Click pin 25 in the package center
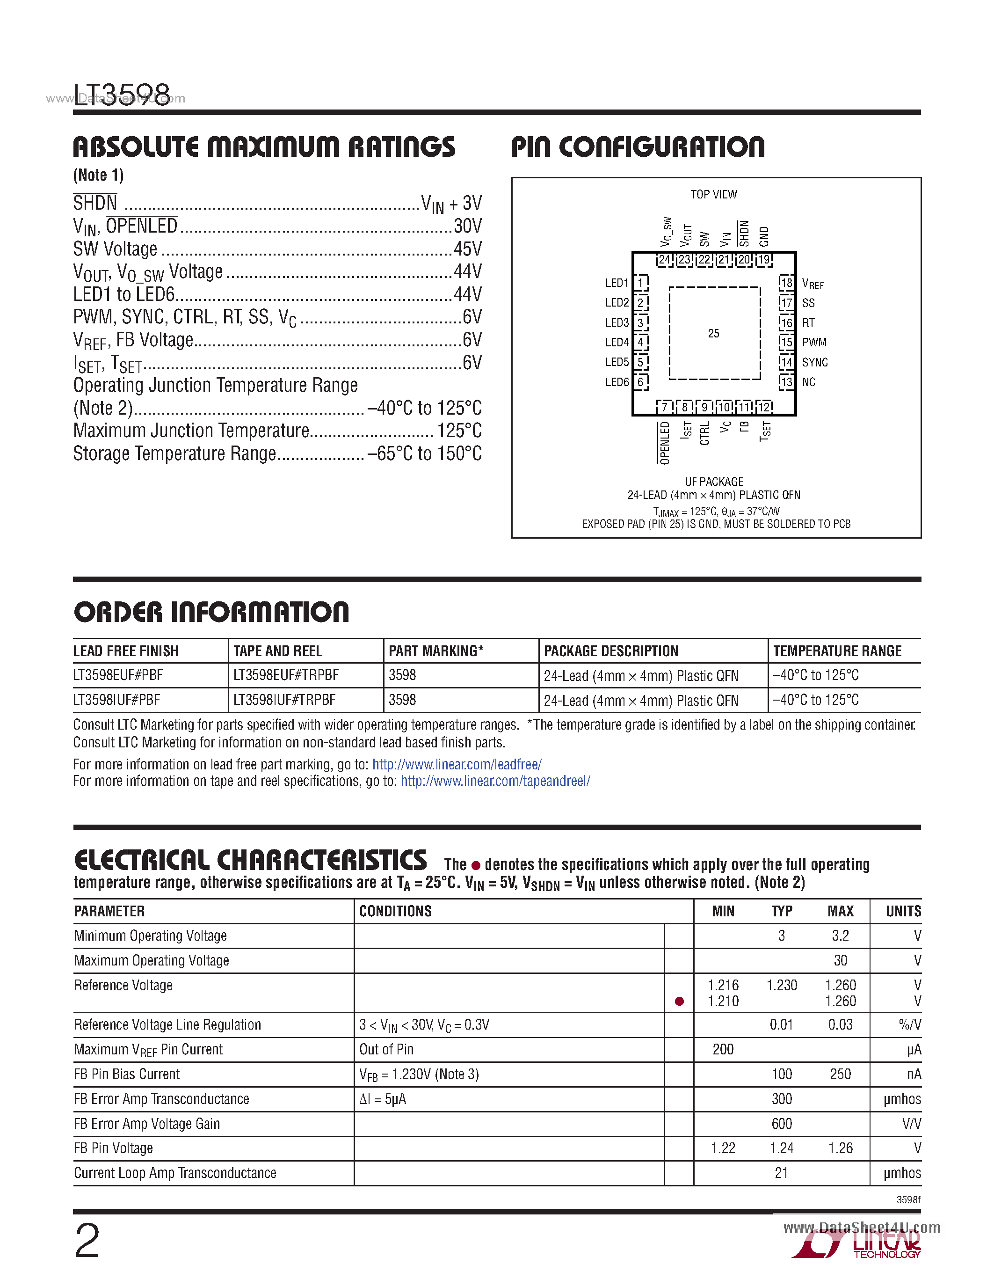[x=713, y=334]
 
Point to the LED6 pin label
[x=617, y=382]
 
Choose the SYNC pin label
[x=814, y=362]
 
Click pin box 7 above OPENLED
[x=665, y=407]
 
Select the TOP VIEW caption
[x=713, y=195]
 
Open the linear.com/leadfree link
[x=457, y=764]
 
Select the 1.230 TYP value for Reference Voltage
[x=782, y=985]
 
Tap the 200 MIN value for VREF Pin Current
[x=723, y=1050]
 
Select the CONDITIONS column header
[x=395, y=912]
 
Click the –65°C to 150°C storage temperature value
[x=424, y=454]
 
